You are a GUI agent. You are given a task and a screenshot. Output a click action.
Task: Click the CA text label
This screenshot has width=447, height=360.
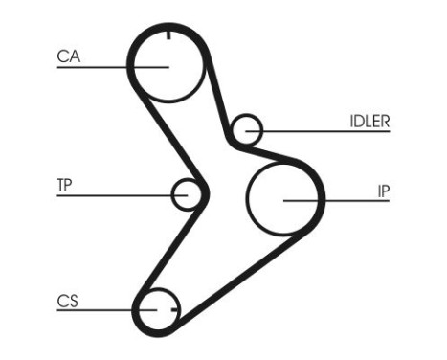tap(67, 56)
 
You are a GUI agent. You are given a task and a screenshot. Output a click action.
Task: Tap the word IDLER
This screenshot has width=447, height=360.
tap(369, 121)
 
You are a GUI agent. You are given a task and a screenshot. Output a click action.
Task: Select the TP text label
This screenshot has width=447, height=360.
tap(65, 185)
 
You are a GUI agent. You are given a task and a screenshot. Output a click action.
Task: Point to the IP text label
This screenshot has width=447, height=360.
tap(382, 191)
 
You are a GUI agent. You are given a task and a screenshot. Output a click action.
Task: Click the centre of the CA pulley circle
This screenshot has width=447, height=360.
tap(168, 66)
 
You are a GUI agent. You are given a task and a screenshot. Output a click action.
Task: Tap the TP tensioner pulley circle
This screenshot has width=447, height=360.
tap(188, 194)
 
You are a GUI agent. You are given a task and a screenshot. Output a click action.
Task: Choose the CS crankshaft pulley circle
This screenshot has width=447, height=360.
tap(158, 309)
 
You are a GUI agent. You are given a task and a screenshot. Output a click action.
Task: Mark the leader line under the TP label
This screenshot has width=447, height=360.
tap(115, 195)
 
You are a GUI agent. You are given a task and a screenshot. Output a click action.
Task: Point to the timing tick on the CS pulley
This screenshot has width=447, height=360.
tap(173, 309)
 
